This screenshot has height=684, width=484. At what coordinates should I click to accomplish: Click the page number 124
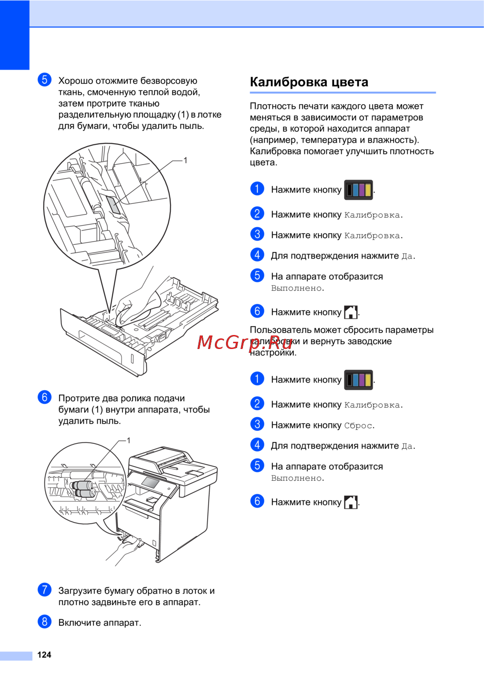[x=44, y=654]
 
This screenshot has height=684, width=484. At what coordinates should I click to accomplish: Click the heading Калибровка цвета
[x=309, y=82]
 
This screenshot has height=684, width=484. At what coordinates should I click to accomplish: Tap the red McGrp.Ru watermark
[x=244, y=342]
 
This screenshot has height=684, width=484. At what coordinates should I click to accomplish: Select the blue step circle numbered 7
[x=45, y=589]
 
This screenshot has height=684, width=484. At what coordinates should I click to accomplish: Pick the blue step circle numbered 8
[x=45, y=622]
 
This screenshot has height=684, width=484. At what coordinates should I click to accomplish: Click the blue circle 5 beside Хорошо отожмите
[x=45, y=79]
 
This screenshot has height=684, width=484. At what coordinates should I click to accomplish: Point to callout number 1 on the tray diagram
[x=185, y=160]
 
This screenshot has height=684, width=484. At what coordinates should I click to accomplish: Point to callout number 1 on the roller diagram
[x=128, y=441]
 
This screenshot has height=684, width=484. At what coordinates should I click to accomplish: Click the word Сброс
[x=358, y=426]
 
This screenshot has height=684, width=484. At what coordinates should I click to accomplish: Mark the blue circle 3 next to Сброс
[x=257, y=424]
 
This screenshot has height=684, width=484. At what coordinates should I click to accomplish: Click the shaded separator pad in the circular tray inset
[x=113, y=204]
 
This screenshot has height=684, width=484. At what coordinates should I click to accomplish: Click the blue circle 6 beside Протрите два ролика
[x=45, y=397]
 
